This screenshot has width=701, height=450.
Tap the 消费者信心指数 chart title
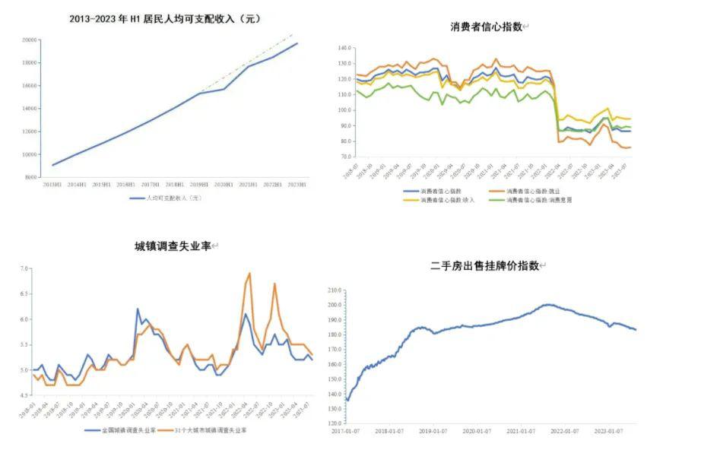point(487,27)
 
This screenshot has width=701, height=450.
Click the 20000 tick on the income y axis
point(30,40)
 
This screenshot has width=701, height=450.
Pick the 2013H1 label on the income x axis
point(52,185)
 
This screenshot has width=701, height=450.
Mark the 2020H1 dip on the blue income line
point(224,89)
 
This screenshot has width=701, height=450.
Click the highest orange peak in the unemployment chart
point(249,273)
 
